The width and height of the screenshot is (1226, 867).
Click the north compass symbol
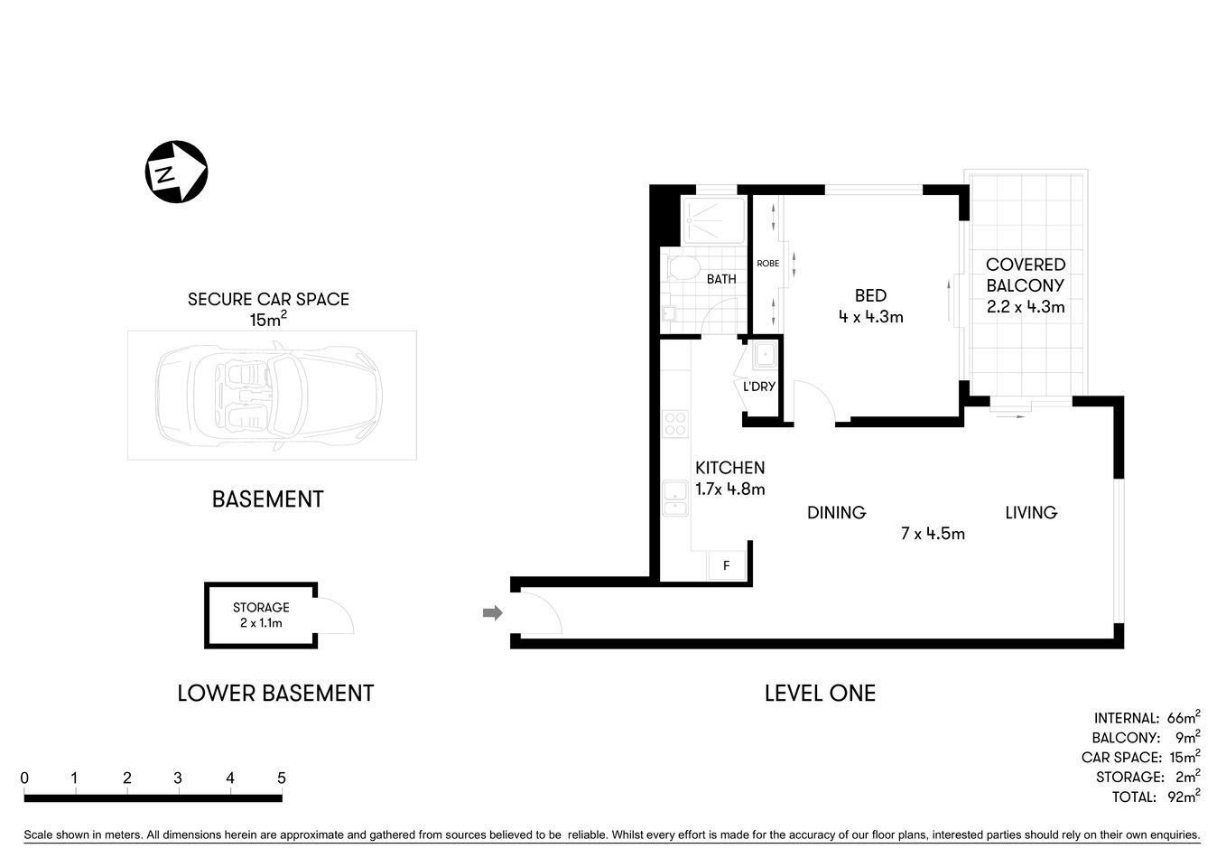pyautogui.click(x=177, y=172)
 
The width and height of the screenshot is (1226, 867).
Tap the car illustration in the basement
pyautogui.click(x=270, y=395)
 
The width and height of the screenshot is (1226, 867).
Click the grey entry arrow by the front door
pyautogui.click(x=492, y=613)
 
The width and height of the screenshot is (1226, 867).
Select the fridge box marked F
pyautogui.click(x=726, y=566)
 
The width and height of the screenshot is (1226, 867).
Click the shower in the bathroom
pyautogui.click(x=713, y=219)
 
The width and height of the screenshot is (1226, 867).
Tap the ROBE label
pyautogui.click(x=767, y=264)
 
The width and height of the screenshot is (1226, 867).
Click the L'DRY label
pyautogui.click(x=758, y=387)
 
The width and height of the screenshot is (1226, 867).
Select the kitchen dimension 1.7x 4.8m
pyautogui.click(x=729, y=489)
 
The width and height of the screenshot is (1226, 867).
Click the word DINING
pyautogui.click(x=836, y=513)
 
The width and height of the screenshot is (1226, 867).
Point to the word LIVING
pyautogui.click(x=1031, y=513)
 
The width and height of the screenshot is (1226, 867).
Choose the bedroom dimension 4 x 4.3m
pyautogui.click(x=870, y=317)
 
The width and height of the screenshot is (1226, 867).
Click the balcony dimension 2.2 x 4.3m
pyautogui.click(x=1026, y=307)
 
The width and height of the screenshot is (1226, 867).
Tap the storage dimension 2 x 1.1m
pyautogui.click(x=261, y=623)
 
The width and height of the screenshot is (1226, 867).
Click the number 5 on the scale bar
pyautogui.click(x=282, y=778)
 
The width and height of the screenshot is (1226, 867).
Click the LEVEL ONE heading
pyautogui.click(x=820, y=693)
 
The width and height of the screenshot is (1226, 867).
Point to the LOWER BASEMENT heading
pyautogui.click(x=275, y=693)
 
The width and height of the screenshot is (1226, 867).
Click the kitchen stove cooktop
pyautogui.click(x=674, y=424)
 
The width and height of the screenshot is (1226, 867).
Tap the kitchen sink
pyautogui.click(x=674, y=499)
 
